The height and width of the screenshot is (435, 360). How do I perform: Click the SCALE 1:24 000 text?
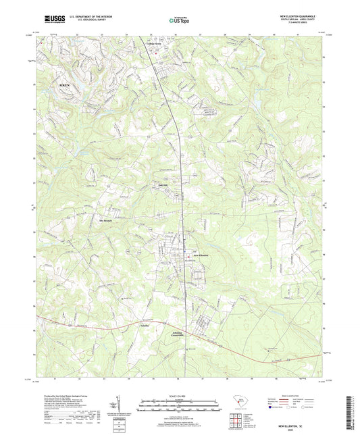(x=179, y=395)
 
